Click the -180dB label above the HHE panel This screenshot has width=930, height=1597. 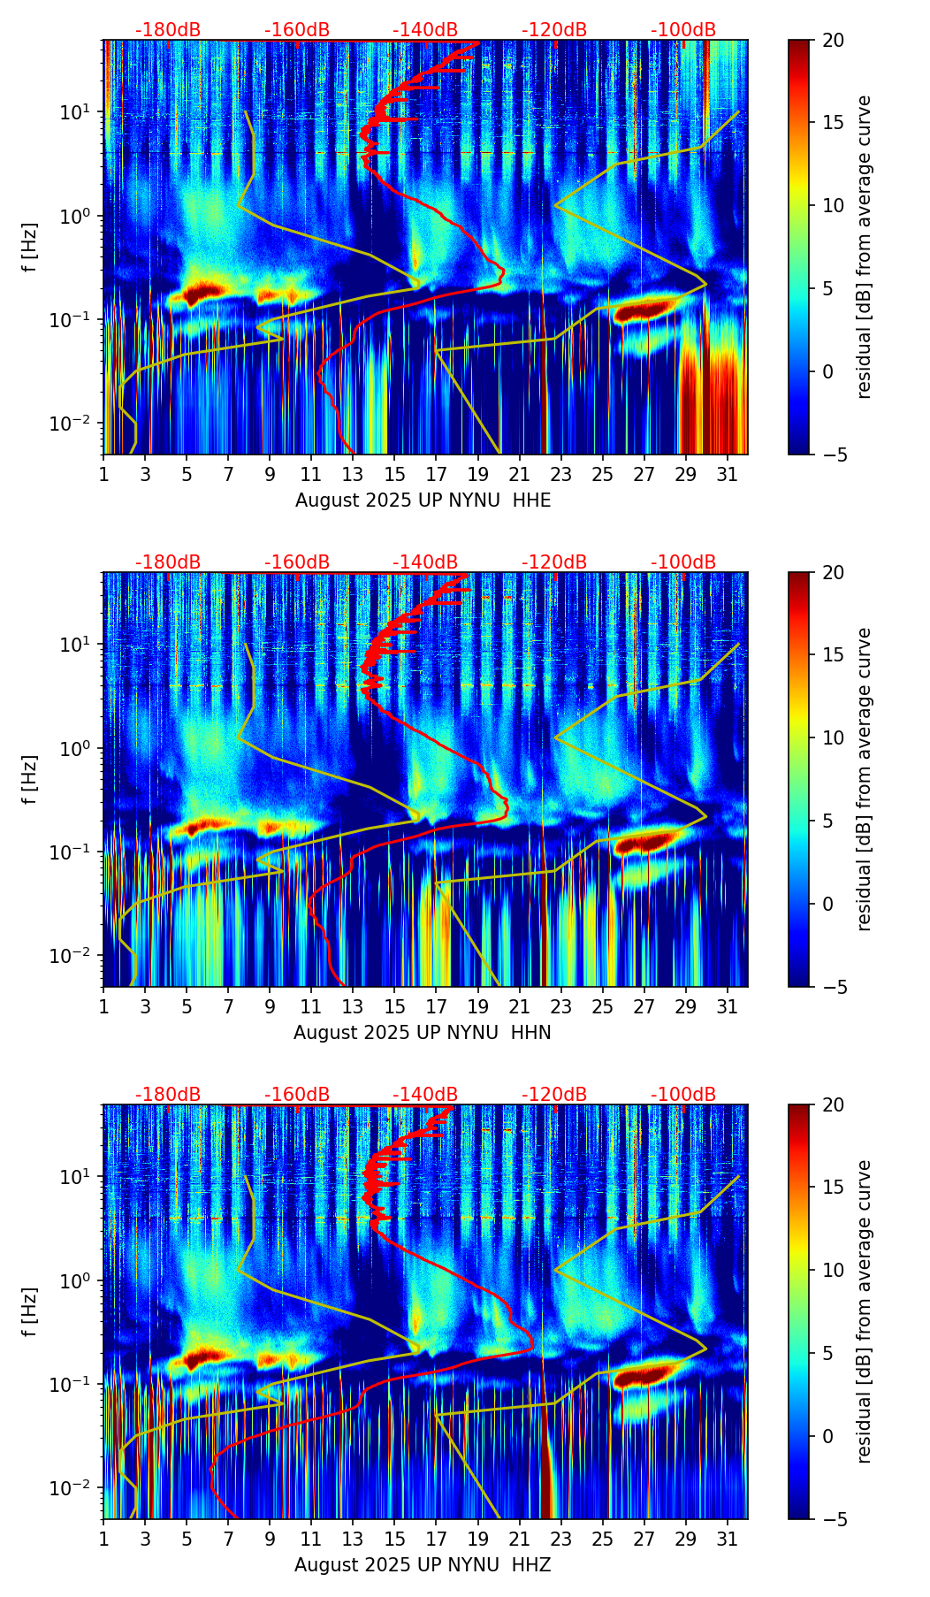point(168,30)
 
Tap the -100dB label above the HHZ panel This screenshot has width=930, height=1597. point(683,1095)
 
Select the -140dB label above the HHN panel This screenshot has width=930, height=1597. point(425,562)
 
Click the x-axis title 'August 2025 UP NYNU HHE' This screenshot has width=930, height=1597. point(423,500)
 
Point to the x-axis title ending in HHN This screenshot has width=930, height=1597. point(423,1033)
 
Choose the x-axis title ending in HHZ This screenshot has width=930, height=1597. point(423,1565)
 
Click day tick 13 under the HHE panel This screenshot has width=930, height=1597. point(353,474)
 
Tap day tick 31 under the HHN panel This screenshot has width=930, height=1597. point(728,1006)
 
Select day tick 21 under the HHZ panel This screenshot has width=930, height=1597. point(520,1539)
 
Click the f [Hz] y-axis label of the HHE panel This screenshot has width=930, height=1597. point(30,248)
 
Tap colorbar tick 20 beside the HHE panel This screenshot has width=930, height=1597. point(833,40)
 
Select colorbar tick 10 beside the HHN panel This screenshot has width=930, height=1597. point(833,737)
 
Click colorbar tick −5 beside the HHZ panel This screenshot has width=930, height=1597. point(833,1519)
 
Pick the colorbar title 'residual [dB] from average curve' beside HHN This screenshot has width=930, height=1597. point(865,779)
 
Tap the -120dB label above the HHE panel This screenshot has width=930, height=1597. point(554,30)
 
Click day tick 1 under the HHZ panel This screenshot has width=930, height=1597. point(103,1539)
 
